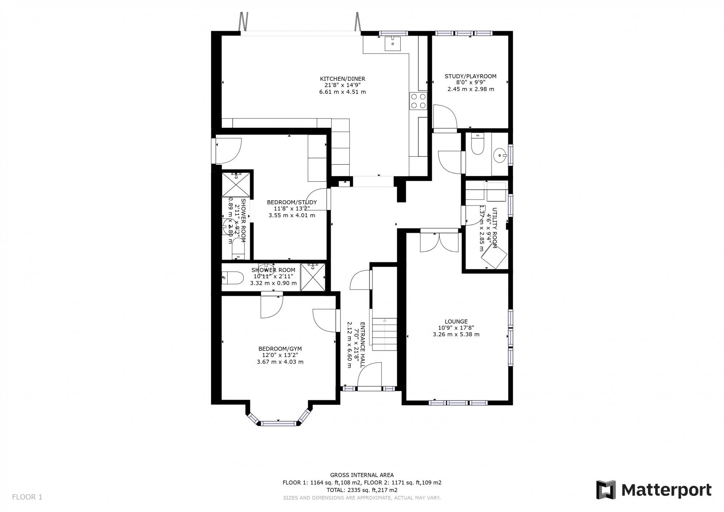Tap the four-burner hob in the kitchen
pyautogui.click(x=418, y=101)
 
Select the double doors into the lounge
pyautogui.click(x=439, y=242)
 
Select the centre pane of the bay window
pyautogui.click(x=279, y=423)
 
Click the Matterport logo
pyautogui.click(x=654, y=490)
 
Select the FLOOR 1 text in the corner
pyautogui.click(x=27, y=497)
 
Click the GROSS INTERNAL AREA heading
pyautogui.click(x=362, y=475)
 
